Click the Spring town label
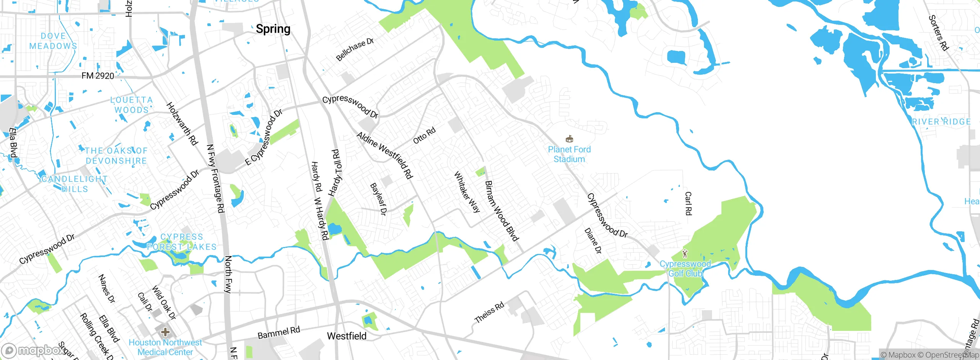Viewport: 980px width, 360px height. [x=273, y=29]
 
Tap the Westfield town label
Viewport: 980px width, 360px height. [x=346, y=336]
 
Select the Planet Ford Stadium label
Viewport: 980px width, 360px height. [x=569, y=154]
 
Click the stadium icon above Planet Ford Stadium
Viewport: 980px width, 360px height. [x=569, y=139]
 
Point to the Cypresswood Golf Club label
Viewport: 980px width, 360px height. [x=685, y=268]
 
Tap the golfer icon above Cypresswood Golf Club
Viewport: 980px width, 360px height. [x=685, y=254]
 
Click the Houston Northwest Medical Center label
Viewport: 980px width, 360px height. [x=165, y=347]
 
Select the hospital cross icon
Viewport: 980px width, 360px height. [x=165, y=332]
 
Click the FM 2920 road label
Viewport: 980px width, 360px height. [x=98, y=76]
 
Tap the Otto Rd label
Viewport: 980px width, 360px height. [x=424, y=136]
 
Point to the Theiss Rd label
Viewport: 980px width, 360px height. [x=489, y=313]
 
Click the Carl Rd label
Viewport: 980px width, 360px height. [x=688, y=203]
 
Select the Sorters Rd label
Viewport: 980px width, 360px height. [x=938, y=33]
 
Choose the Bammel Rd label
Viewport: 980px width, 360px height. [x=279, y=333]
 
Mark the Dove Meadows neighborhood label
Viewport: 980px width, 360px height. [x=53, y=41]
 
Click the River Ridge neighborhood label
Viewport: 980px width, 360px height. [x=941, y=122]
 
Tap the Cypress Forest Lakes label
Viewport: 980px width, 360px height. [x=182, y=242]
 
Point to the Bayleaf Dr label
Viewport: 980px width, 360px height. [x=379, y=199]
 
